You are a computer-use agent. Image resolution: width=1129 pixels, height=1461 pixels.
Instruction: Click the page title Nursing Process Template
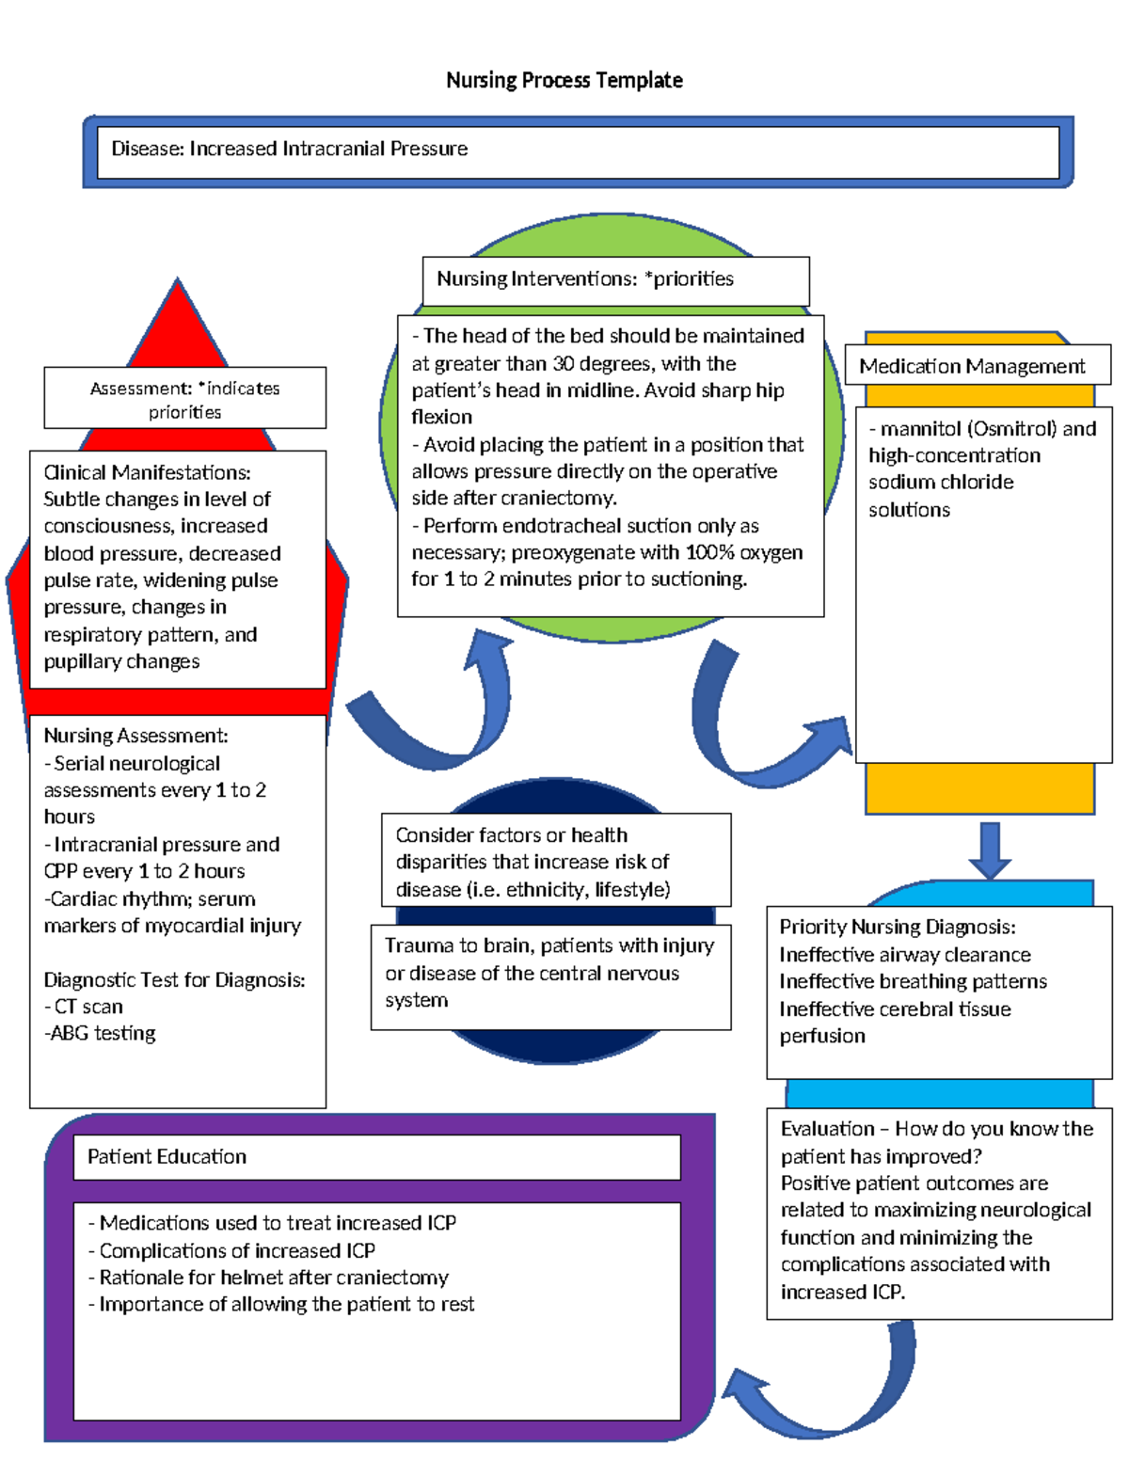(x=564, y=80)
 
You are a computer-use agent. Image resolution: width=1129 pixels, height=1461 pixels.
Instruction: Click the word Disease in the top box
(x=146, y=149)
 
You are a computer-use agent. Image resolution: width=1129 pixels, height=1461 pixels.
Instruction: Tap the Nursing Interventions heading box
(x=615, y=279)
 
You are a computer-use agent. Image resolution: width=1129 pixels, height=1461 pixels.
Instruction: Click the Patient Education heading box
(x=376, y=1156)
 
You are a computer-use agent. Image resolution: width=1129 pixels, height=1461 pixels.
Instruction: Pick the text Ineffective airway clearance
(x=905, y=955)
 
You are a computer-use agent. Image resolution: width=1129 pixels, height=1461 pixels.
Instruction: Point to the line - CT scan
(x=84, y=1007)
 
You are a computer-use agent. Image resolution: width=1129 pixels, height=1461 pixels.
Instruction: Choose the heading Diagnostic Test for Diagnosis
(x=174, y=980)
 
